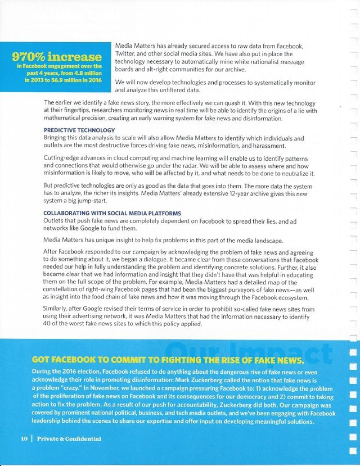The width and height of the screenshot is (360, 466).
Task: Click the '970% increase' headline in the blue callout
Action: pyautogui.click(x=56, y=57)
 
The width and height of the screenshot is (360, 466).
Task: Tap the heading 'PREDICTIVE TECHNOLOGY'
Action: pyautogui.click(x=79, y=130)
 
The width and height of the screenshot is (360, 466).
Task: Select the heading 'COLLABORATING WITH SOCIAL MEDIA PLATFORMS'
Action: pyautogui.click(x=112, y=213)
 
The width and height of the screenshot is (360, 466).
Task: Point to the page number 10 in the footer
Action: pyautogui.click(x=25, y=438)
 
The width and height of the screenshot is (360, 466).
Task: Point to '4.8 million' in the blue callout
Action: pyautogui.click(x=84, y=72)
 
